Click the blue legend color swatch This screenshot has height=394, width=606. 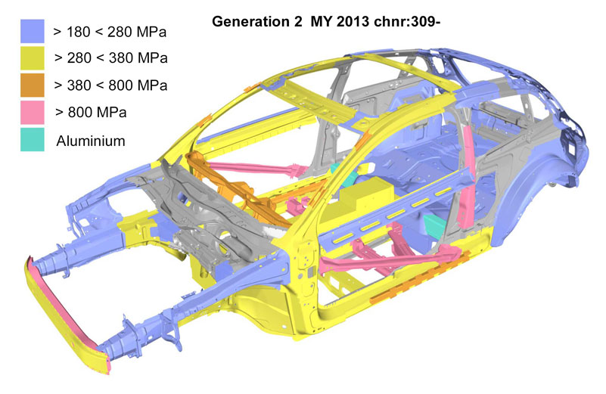pyautogui.click(x=32, y=31)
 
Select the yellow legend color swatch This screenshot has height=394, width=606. pyautogui.click(x=32, y=58)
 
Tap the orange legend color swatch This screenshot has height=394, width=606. pyautogui.click(x=32, y=85)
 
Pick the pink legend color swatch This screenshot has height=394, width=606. pyautogui.click(x=32, y=113)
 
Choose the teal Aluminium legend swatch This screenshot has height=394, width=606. pyautogui.click(x=32, y=139)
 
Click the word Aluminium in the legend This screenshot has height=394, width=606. pyautogui.click(x=91, y=141)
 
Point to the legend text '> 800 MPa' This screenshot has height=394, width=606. pyautogui.click(x=91, y=113)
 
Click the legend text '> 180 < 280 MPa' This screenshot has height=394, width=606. pyautogui.click(x=110, y=32)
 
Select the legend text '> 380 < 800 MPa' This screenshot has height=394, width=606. pyautogui.click(x=110, y=85)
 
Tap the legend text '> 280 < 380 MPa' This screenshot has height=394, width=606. pyautogui.click(x=111, y=58)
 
